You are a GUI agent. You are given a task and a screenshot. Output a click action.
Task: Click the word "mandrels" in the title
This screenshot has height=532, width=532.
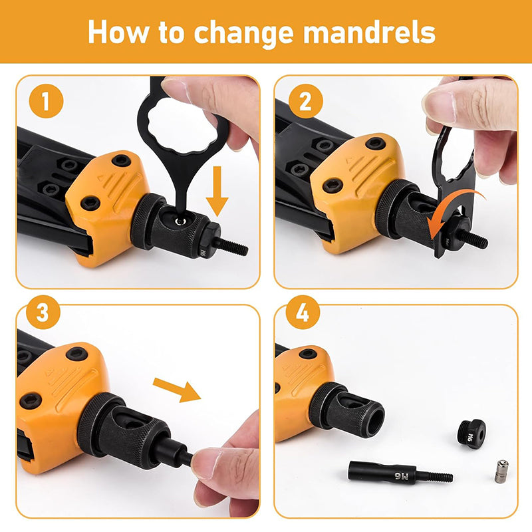(x=369, y=33)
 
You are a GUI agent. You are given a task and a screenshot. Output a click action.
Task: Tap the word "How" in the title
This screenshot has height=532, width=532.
(x=118, y=33)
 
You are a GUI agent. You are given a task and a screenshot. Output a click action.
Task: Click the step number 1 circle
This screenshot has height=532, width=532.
(x=46, y=101)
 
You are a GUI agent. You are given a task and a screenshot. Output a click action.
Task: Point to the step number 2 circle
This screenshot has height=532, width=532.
(x=306, y=101)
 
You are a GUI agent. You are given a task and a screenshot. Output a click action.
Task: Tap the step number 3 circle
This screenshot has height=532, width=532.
(x=43, y=312)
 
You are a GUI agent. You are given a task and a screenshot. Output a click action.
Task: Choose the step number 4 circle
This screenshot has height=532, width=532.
(x=303, y=312)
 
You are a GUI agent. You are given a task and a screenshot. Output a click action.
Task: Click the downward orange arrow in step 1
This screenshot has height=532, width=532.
(x=217, y=191)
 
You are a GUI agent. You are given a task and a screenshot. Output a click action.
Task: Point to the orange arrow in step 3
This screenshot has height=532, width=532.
(x=177, y=390)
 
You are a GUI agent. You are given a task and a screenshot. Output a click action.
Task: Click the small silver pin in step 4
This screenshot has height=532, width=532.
(x=502, y=471)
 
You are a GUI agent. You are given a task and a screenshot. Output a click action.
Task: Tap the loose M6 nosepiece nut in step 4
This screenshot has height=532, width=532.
(x=471, y=434)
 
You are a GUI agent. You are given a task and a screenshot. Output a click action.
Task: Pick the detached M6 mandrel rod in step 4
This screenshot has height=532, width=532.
(x=400, y=472)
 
